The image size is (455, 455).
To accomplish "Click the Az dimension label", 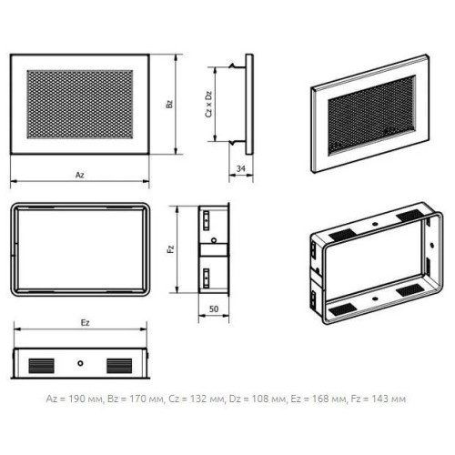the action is click(80, 175).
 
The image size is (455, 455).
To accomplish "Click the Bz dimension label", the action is click(169, 104).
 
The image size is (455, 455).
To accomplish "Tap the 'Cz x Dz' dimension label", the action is click(208, 104).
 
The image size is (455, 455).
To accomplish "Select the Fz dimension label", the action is click(171, 249).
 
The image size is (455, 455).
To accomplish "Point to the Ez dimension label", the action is click(86, 322).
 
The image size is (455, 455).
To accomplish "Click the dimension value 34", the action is click(241, 168).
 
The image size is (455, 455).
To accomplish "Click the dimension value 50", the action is click(214, 308).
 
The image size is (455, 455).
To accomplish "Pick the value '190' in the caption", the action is click(76, 399).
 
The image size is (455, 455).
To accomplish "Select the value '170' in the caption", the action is click(138, 399).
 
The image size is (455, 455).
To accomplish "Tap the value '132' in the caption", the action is click(197, 399).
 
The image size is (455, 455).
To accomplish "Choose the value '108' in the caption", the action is click(259, 399).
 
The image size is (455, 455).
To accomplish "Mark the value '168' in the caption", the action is click(319, 399).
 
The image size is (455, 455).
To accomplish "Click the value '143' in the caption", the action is click(379, 399).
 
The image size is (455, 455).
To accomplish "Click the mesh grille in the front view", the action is click(80, 105).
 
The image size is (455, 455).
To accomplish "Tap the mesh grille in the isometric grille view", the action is click(372, 115).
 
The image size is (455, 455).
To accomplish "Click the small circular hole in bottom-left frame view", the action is click(80, 363).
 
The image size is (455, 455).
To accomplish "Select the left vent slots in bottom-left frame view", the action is click(42, 366).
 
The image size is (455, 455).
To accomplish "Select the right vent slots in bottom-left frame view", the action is click(119, 366).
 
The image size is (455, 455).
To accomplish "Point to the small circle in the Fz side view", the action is click(214, 240).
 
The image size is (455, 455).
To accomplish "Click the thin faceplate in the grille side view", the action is click(249, 105).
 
